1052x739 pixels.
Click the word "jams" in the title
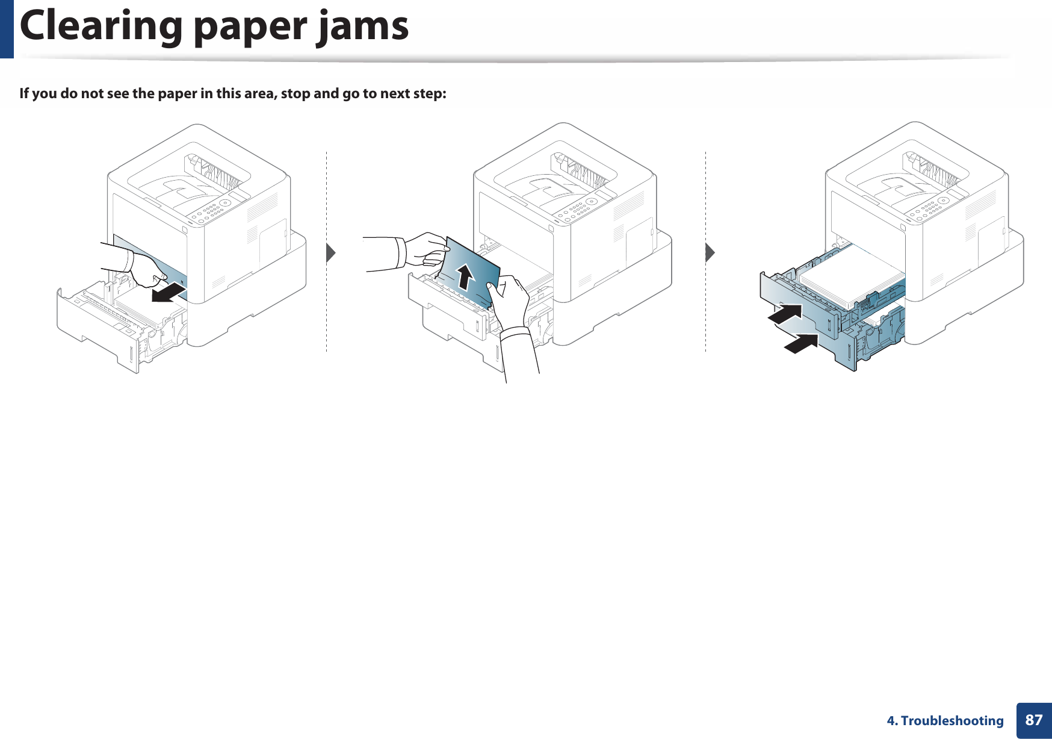pyautogui.click(x=364, y=28)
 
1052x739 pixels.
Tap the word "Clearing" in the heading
pyautogui.click(x=101, y=28)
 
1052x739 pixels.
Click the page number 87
pyautogui.click(x=1033, y=720)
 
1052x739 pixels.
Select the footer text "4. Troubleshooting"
pyautogui.click(x=945, y=720)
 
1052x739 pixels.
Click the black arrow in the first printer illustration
pyautogui.click(x=169, y=293)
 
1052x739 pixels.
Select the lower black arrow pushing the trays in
pyautogui.click(x=801, y=343)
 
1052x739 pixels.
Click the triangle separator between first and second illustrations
pyautogui.click(x=330, y=253)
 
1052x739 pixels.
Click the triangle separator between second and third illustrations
pyautogui.click(x=710, y=253)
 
